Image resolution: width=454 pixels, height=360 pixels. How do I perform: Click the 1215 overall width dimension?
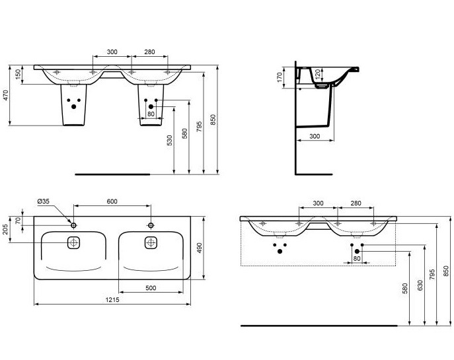[x=112, y=300]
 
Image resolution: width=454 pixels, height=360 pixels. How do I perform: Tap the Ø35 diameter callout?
[x=44, y=201]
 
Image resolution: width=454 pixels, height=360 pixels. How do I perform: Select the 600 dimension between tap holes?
[x=112, y=201]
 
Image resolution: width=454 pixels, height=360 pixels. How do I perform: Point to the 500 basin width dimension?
[x=151, y=288]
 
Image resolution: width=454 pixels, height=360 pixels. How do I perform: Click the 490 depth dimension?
[x=199, y=248]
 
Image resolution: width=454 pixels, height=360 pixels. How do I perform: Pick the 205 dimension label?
[x=5, y=229]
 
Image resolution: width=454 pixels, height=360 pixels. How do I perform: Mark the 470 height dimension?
[x=5, y=96]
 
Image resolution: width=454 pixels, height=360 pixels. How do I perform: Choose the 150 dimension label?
[x=18, y=75]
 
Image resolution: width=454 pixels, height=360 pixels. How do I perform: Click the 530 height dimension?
[x=170, y=140]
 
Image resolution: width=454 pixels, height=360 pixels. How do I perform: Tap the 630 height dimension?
[x=420, y=285]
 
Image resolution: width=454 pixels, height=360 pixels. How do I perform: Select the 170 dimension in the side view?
[x=280, y=77]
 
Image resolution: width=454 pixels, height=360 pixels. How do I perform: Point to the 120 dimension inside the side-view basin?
[x=318, y=75]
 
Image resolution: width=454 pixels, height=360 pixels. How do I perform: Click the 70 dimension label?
[x=18, y=221]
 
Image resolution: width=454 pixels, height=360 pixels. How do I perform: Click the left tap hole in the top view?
[x=73, y=225]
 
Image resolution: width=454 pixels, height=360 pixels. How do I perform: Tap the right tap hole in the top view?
[x=151, y=225]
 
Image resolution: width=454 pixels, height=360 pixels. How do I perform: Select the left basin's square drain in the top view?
[x=73, y=242]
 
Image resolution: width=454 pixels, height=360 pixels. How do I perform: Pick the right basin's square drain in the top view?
[x=151, y=242]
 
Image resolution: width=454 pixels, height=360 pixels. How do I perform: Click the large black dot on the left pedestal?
[x=73, y=106]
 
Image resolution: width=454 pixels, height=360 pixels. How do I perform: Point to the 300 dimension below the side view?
[x=315, y=136]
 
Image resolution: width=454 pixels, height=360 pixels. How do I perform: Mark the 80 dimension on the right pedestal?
[x=151, y=114]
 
